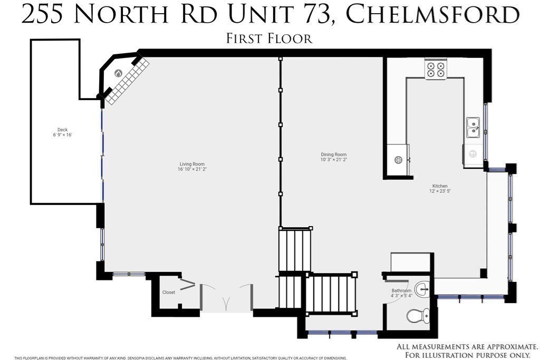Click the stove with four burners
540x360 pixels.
(x=436, y=70)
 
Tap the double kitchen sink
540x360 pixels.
(x=473, y=128)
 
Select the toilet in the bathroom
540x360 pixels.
(x=419, y=316)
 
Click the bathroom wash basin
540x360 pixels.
(x=422, y=289)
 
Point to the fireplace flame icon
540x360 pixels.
(x=118, y=74)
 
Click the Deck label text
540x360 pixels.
(x=62, y=130)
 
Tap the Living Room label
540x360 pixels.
(x=192, y=164)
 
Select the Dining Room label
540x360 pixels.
(x=334, y=154)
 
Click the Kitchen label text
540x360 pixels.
(x=440, y=186)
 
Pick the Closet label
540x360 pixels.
(x=169, y=293)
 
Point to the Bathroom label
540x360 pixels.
(x=401, y=290)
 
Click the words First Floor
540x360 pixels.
(x=269, y=38)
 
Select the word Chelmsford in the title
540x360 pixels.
(x=432, y=15)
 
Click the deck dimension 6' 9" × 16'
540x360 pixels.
(x=62, y=135)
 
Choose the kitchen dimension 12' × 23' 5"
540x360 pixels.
(x=440, y=191)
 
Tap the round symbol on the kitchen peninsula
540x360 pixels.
(x=399, y=160)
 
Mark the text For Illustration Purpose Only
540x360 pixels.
(x=467, y=355)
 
